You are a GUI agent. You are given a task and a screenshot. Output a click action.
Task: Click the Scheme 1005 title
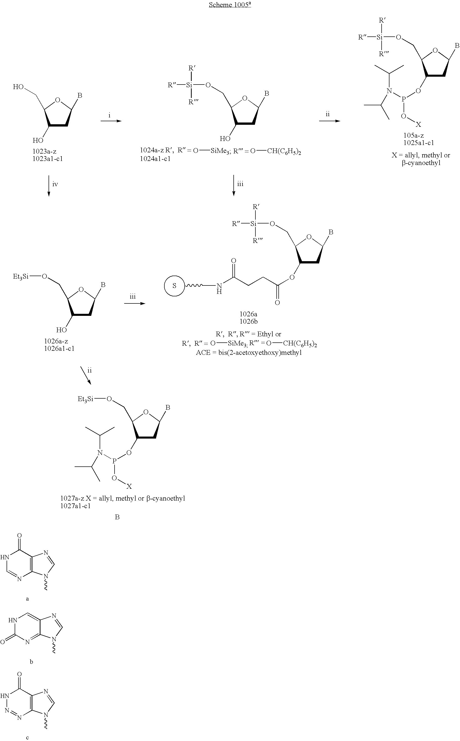(x=230, y=5)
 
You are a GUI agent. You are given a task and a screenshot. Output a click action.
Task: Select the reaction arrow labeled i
(x=111, y=121)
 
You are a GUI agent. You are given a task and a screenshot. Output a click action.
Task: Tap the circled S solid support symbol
(x=174, y=286)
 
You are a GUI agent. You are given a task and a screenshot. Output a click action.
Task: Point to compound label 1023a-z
(x=45, y=151)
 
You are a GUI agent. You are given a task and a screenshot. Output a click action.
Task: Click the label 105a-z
(x=414, y=135)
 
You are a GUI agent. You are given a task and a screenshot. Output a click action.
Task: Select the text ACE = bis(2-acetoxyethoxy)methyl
(x=249, y=353)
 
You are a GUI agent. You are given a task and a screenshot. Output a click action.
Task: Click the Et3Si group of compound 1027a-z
(x=85, y=399)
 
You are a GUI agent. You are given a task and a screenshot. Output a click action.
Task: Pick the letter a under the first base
(x=27, y=599)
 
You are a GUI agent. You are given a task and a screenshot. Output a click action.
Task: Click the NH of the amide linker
(x=219, y=288)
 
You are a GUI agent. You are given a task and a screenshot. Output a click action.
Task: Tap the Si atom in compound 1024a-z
(x=189, y=85)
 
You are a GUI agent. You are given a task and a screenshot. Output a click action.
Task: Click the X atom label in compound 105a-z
(x=419, y=125)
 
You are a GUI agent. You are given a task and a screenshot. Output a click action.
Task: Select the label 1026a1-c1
(x=59, y=348)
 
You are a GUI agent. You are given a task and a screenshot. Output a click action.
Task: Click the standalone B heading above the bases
(x=117, y=517)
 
